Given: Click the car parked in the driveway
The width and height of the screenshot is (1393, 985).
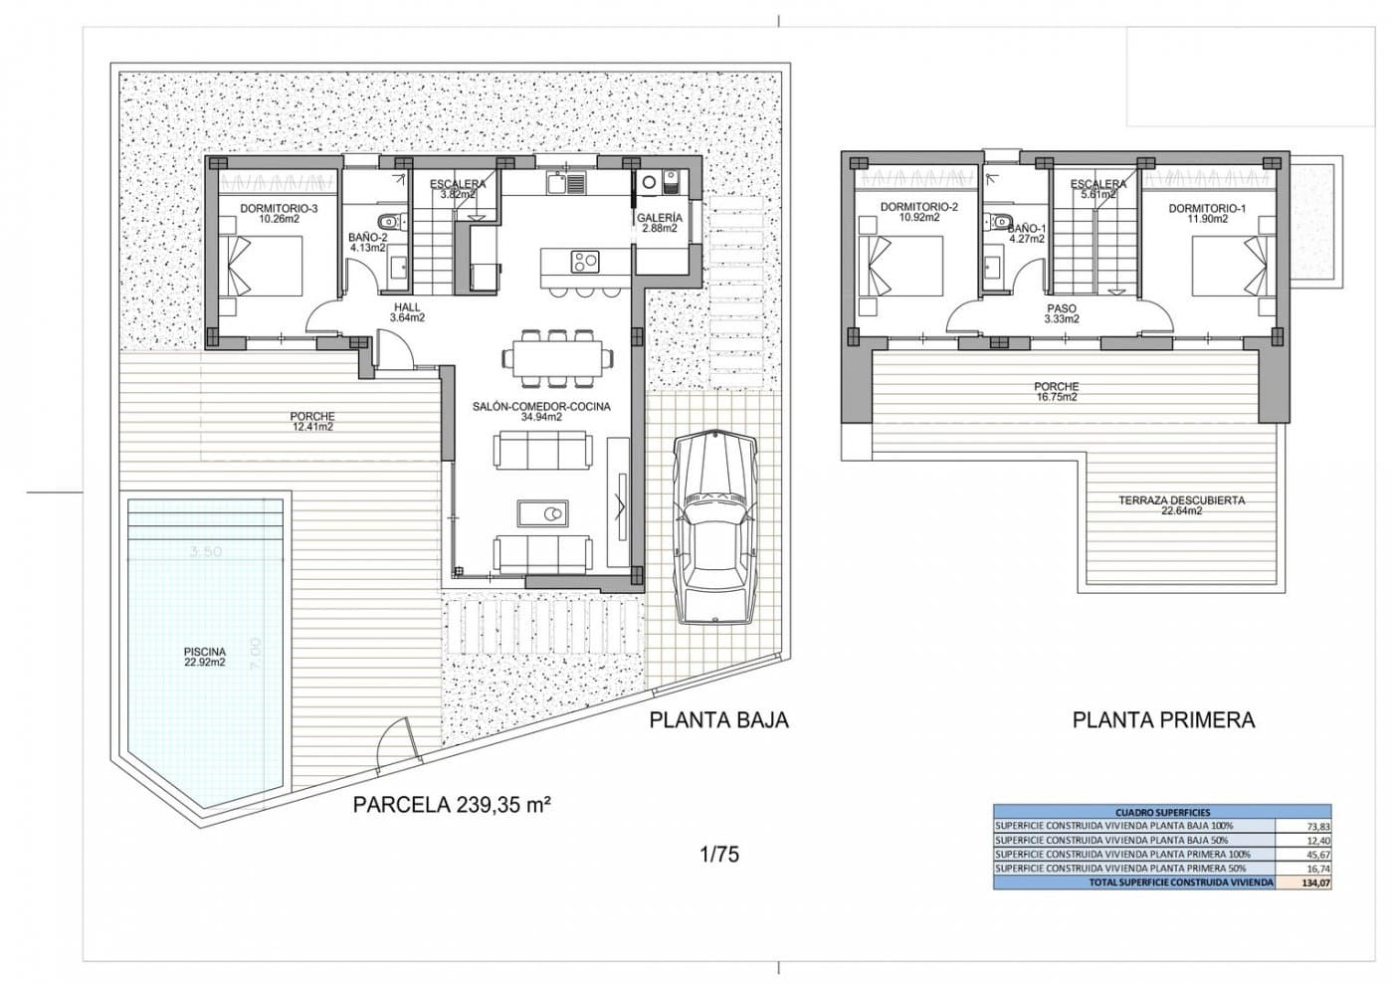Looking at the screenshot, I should (713, 527).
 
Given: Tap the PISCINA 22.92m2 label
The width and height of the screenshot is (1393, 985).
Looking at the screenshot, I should (205, 657).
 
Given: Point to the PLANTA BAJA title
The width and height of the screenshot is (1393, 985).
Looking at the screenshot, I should (718, 720).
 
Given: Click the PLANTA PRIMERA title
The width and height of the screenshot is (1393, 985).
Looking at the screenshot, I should (1163, 720).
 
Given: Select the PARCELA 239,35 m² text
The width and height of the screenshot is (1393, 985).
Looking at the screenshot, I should (452, 806).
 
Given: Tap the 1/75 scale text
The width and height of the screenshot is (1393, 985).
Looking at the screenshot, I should (719, 854).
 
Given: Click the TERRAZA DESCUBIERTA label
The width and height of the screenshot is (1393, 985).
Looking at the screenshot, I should (1181, 505).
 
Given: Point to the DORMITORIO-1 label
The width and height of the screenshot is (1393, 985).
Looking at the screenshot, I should (1206, 213).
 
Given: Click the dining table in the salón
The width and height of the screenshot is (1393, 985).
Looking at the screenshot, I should (557, 356).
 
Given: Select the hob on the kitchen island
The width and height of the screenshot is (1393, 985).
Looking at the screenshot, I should (584, 262).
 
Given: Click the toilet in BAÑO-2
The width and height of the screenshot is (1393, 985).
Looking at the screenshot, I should (390, 221).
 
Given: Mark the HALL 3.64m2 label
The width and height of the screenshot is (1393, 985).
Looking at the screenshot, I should (407, 312).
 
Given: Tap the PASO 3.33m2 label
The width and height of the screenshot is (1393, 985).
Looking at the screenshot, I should (1061, 314).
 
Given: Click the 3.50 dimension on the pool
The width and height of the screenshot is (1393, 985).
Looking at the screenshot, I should (205, 551).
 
